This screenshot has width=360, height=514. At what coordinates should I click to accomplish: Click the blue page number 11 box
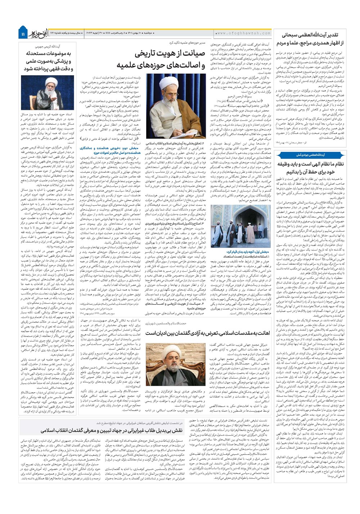23,33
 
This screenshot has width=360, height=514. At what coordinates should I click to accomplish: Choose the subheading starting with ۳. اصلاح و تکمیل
176,224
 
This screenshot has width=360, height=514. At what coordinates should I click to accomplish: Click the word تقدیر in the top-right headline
331,36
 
